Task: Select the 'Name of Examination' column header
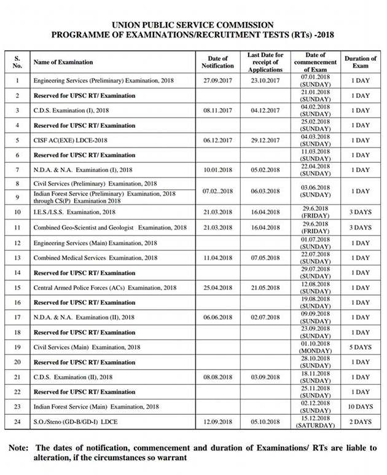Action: point(63,62)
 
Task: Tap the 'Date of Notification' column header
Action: point(217,62)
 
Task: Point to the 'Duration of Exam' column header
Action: point(361,62)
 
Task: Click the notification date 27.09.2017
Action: point(217,80)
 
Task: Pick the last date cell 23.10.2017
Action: point(265,80)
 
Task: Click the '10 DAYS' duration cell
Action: point(361,407)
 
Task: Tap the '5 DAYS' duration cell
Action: point(361,347)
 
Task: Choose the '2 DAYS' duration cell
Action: point(361,422)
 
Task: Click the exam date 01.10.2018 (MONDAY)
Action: point(316,347)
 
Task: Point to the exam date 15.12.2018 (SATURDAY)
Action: point(316,422)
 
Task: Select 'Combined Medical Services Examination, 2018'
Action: point(95,258)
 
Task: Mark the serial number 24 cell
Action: point(17,422)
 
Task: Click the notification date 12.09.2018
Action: point(217,422)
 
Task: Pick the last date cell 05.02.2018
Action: point(265,170)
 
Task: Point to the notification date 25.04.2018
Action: point(217,288)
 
